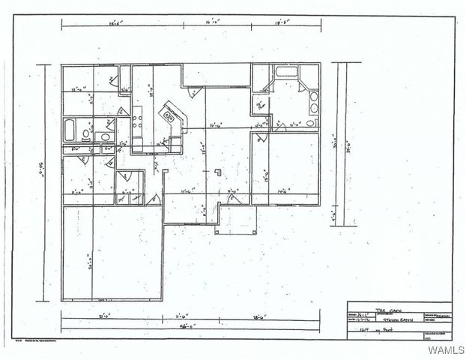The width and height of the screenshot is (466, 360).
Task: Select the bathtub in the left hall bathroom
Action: (x=69, y=129)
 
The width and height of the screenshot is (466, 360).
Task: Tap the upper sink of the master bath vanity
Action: (x=313, y=98)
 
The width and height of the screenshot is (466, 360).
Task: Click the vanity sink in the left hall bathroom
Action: (x=104, y=137)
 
